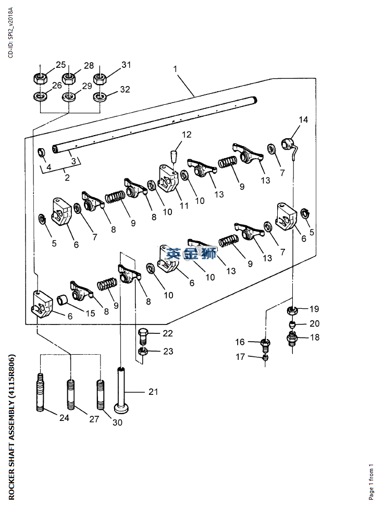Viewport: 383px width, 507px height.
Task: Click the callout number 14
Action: tap(303, 119)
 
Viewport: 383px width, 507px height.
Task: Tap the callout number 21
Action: tap(153, 392)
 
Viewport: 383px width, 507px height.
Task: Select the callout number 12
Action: tap(186, 135)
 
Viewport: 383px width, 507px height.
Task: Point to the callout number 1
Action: tap(176, 69)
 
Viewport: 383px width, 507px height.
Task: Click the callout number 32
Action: tap(125, 89)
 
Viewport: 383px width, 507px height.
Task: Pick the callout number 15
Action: tap(91, 313)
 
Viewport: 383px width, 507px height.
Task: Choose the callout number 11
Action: tap(184, 206)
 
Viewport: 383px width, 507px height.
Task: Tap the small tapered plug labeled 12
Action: tap(174, 155)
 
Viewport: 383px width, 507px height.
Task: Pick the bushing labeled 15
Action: tap(62, 299)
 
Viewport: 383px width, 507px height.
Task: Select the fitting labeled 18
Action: tap(292, 340)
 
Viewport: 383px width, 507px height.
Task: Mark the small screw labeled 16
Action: tap(265, 343)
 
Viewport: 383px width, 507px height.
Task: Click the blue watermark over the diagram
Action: tap(191, 254)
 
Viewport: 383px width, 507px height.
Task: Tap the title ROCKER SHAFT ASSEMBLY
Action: tap(11, 427)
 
